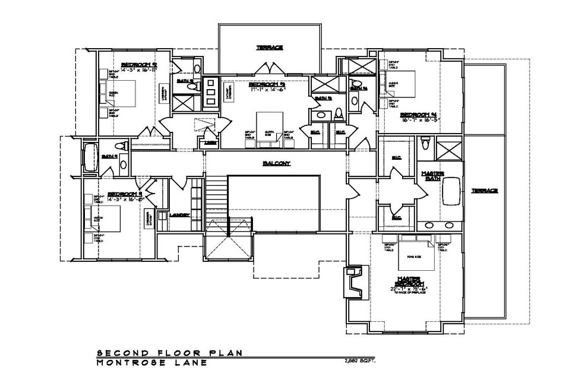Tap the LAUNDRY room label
tap(179, 214)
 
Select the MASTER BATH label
tap(434, 176)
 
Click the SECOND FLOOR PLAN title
tap(169, 353)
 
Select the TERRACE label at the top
tap(269, 47)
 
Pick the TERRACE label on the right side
tap(484, 191)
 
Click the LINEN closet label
tap(210, 143)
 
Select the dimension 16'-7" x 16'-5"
tap(419, 119)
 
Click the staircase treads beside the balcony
tap(217, 195)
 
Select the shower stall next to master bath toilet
tap(448, 148)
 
